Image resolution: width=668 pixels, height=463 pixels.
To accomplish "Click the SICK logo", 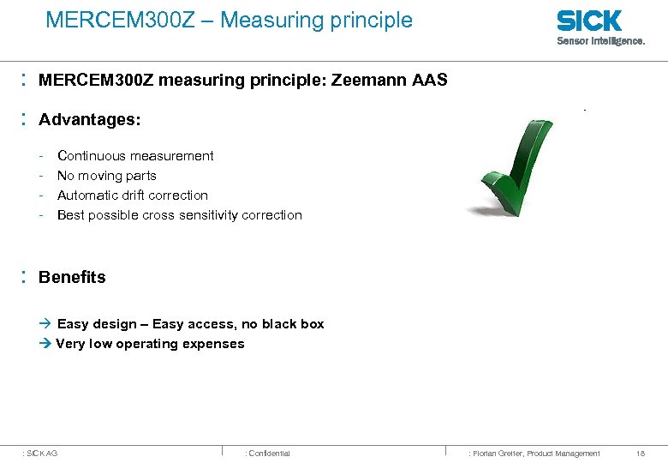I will click(x=589, y=21).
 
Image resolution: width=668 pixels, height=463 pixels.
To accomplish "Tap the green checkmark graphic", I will click(x=516, y=165).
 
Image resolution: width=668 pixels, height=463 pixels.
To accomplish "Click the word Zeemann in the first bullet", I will click(x=373, y=81).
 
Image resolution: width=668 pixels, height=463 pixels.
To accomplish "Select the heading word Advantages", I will click(x=89, y=119).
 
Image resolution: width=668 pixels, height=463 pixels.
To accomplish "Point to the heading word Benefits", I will click(x=72, y=277).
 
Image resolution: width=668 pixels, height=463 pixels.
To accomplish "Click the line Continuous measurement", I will click(x=135, y=156).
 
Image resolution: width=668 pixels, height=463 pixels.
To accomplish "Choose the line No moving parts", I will click(x=106, y=176).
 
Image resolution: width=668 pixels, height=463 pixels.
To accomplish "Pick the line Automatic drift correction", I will click(x=133, y=195).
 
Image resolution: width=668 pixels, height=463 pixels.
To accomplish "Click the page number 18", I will click(x=641, y=453).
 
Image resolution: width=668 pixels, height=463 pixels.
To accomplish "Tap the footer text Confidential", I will click(x=269, y=453).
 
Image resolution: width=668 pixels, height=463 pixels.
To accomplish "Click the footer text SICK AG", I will click(x=42, y=453).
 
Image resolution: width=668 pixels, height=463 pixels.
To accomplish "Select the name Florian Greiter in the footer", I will click(x=499, y=453).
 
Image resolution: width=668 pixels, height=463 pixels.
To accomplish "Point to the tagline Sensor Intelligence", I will click(x=600, y=40).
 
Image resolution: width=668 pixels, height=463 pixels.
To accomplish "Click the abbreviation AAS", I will click(x=430, y=81).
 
